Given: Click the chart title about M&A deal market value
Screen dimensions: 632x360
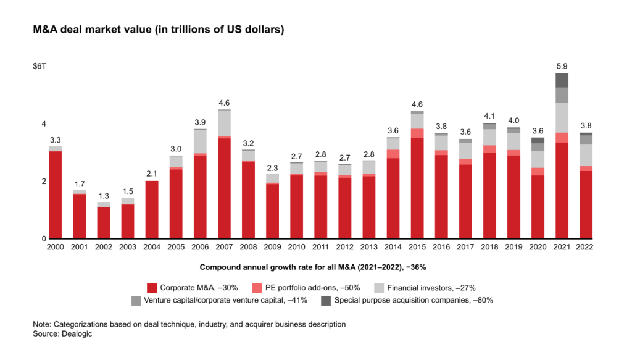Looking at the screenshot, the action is tap(159, 30).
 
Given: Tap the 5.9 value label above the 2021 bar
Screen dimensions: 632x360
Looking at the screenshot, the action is tap(562, 66).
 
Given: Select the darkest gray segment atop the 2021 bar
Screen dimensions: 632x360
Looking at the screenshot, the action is tap(562, 80).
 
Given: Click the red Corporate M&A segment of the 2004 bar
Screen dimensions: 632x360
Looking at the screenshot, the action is tap(152, 209).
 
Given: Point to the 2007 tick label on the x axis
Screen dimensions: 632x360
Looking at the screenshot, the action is tap(224, 247).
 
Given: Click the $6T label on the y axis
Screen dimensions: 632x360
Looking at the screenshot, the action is tap(39, 66).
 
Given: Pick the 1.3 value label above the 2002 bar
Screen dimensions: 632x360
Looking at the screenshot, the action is tap(104, 196).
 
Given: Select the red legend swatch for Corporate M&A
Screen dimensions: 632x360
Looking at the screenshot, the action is tap(152, 288).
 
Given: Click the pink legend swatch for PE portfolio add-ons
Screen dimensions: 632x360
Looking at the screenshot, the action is tap(257, 288).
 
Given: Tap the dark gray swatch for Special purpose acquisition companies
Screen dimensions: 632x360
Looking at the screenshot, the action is tap(326, 301).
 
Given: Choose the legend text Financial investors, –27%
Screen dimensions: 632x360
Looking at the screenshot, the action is tap(431, 288).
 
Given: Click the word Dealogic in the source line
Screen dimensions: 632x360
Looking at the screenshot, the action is tap(77, 334).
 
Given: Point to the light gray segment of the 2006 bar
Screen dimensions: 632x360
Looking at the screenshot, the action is tap(201, 141).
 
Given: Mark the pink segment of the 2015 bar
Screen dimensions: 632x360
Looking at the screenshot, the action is tap(417, 133).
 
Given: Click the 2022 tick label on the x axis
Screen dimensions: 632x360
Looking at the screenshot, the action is tap(584, 247).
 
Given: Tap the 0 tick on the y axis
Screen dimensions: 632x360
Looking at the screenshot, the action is tap(44, 238).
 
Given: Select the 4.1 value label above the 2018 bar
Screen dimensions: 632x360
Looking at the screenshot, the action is tap(489, 116).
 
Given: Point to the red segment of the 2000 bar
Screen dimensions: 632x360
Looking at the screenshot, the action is tap(55, 195).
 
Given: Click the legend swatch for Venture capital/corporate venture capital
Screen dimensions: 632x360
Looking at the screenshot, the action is tap(136, 301).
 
